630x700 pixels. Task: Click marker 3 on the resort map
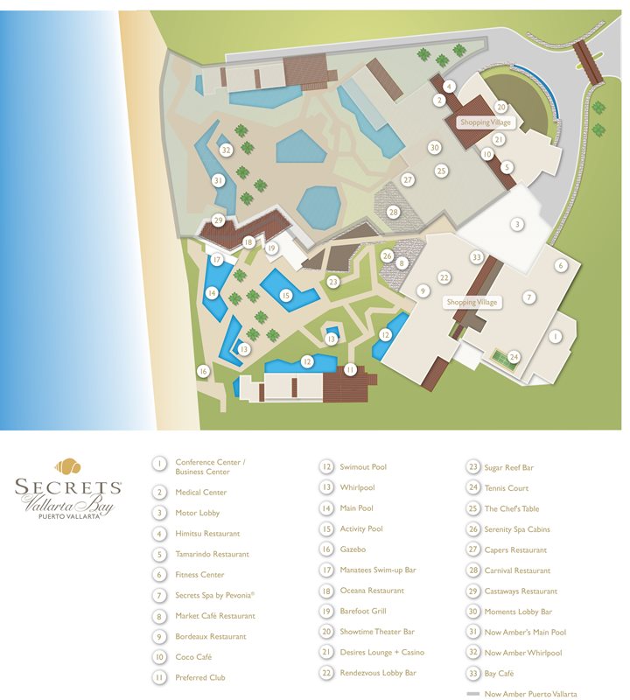click(x=517, y=224)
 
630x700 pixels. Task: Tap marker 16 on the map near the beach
click(x=203, y=371)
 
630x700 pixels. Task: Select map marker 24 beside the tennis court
click(x=514, y=356)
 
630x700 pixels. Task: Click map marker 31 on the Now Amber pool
click(x=219, y=180)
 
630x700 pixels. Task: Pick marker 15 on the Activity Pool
click(x=285, y=296)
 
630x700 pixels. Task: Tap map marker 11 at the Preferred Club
click(x=350, y=369)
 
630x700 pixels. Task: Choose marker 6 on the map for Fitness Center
click(x=561, y=265)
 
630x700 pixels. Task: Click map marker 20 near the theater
click(x=500, y=107)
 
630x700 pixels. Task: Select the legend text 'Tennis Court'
click(x=506, y=488)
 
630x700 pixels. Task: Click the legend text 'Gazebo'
click(x=353, y=549)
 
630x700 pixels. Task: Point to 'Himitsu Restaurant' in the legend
click(x=207, y=534)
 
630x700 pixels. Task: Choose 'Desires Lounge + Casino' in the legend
click(x=381, y=653)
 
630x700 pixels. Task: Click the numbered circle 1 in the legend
click(x=159, y=464)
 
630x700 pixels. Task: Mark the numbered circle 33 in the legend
click(x=472, y=674)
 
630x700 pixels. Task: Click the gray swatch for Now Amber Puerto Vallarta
click(x=472, y=694)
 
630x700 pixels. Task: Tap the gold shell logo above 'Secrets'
click(x=69, y=466)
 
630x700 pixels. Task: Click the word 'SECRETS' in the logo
click(x=69, y=487)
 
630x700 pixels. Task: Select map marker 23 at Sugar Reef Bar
click(x=332, y=282)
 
